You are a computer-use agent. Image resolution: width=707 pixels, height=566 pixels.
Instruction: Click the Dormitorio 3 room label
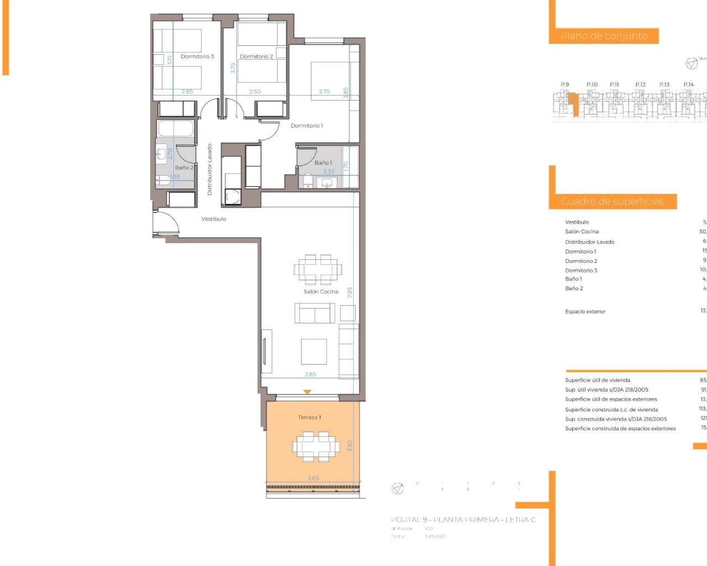pos(197,56)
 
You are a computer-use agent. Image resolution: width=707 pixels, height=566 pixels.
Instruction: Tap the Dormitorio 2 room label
pos(256,56)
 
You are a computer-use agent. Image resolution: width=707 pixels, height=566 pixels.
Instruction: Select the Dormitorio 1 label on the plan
pos(307,125)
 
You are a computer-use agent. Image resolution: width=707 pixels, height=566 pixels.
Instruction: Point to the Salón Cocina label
pos(320,291)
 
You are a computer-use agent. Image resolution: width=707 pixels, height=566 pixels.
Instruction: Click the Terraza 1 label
pos(309,417)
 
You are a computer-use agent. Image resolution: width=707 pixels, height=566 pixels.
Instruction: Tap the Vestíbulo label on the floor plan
pos(214,219)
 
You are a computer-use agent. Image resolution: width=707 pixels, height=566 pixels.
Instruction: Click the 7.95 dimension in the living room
pos(350,292)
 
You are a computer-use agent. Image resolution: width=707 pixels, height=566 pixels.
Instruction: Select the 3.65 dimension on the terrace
pos(313,478)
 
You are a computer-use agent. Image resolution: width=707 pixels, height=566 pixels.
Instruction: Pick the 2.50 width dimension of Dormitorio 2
pos(255,92)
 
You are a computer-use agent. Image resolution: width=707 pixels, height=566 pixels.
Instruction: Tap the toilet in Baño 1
pos(308,180)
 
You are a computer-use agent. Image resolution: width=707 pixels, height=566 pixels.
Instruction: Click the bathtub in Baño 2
pos(175,129)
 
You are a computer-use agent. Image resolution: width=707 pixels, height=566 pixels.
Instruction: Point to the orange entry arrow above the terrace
pos(308,392)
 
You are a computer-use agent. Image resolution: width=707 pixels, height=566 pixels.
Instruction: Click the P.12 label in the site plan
pos(640,85)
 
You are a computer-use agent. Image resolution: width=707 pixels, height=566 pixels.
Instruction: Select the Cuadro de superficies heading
pos(612,201)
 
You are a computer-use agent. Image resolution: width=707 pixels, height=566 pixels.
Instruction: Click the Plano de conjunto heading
pos(604,36)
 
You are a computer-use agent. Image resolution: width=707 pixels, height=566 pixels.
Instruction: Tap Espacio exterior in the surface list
pos(585,312)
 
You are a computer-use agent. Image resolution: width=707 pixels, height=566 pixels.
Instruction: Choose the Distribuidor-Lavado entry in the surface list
pos(589,242)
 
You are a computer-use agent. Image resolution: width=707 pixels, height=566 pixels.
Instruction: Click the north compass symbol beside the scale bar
pos(397,489)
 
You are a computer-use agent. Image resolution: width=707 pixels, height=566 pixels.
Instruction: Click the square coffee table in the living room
pos(314,352)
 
